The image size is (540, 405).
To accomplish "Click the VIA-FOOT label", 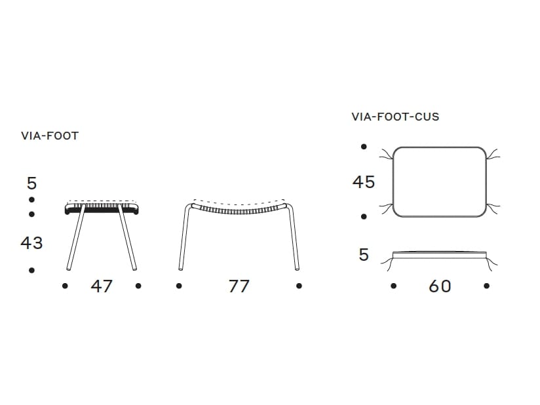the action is pos(50,136).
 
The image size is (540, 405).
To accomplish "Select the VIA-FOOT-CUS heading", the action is pos(395,117).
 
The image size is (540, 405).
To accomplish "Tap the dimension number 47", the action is pos(102,286).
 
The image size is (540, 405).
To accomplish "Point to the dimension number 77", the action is pos(239,286).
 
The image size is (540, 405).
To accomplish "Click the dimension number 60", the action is pos(440,286).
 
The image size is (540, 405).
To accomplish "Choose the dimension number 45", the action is pos(364,182).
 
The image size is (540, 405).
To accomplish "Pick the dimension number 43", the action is pos(31,242).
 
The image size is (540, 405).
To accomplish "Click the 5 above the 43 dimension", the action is pos(31,183).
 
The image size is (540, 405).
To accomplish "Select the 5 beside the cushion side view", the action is pos(364,255).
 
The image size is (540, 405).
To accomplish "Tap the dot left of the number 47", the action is pos(65,286).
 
